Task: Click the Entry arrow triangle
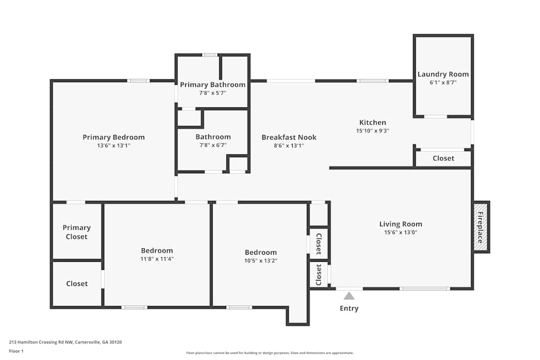click(349, 296)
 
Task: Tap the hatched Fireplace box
click(481, 227)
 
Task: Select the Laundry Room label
click(443, 74)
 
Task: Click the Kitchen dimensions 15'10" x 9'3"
click(373, 131)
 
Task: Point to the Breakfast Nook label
click(289, 137)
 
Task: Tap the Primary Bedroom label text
click(113, 137)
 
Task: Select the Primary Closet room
click(76, 232)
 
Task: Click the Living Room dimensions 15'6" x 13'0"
click(400, 233)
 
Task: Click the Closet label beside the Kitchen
click(443, 159)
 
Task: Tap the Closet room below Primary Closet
click(77, 284)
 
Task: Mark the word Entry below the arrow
click(349, 309)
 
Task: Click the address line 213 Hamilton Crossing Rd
click(65, 342)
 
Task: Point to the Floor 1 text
click(16, 351)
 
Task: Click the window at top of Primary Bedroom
click(138, 81)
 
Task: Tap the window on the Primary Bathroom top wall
click(210, 55)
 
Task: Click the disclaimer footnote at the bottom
click(270, 353)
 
